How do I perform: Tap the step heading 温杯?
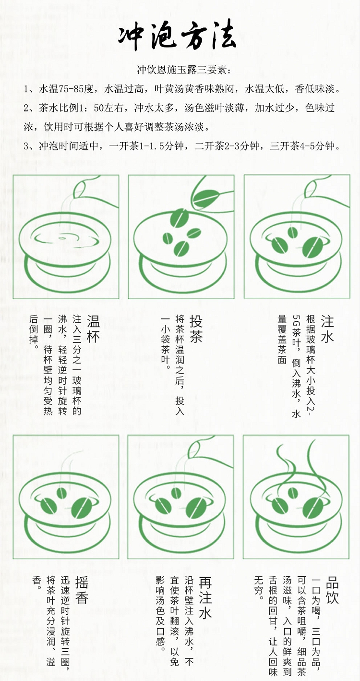(93, 329)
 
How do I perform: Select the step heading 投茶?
(196, 329)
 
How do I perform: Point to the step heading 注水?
(327, 329)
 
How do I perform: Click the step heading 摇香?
(82, 590)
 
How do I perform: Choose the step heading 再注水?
(205, 597)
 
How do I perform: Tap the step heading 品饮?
(332, 590)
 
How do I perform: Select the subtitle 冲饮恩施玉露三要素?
(184, 70)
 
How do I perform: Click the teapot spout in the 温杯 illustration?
(80, 186)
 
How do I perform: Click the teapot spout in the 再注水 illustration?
(194, 449)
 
